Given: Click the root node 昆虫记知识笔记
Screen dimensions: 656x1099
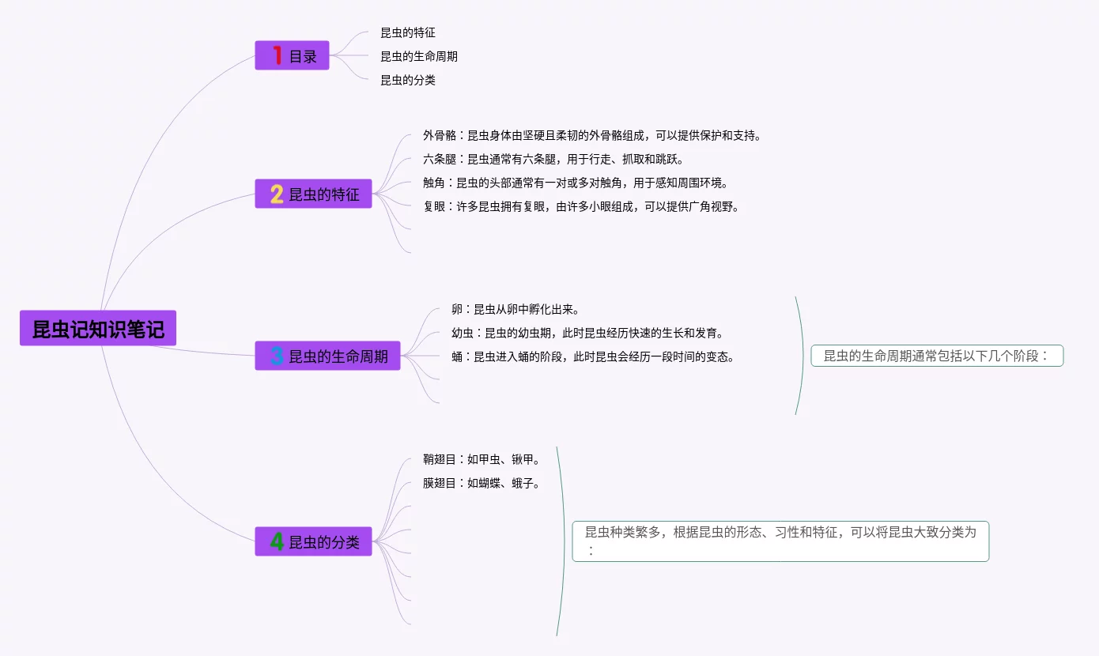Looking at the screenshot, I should point(98,329).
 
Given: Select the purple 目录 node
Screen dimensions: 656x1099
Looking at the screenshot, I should point(292,56).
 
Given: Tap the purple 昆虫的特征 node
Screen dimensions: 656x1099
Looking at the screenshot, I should point(313,194).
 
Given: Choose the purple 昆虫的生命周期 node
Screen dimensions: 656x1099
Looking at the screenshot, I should point(327,356).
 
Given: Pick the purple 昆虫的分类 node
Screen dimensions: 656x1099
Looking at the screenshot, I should point(313,542).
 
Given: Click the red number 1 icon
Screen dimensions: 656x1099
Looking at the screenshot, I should point(277,55).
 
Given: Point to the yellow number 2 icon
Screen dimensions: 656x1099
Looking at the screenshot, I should point(277,194).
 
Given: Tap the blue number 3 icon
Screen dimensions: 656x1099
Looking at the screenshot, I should point(277,356).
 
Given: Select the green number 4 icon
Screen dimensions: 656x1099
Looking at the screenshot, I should point(277,542).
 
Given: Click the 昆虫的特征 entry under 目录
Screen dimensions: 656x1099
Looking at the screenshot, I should point(408,33).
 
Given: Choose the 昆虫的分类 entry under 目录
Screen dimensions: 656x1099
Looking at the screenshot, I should point(408,81).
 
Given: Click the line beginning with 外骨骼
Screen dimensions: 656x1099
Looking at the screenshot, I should point(591,136).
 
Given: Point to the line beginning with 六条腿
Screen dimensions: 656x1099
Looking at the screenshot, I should point(553,160).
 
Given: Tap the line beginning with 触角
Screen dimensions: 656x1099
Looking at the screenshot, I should point(575,183).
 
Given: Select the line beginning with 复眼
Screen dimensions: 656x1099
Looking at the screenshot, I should point(580,207).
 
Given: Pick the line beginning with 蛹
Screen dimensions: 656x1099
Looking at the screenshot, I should point(592,357).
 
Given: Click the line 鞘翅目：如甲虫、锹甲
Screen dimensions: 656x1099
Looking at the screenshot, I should point(481,460).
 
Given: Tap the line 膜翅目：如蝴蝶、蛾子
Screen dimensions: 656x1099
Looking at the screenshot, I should point(481,484).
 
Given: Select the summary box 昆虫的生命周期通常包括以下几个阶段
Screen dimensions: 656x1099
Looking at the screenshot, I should point(937,356).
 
